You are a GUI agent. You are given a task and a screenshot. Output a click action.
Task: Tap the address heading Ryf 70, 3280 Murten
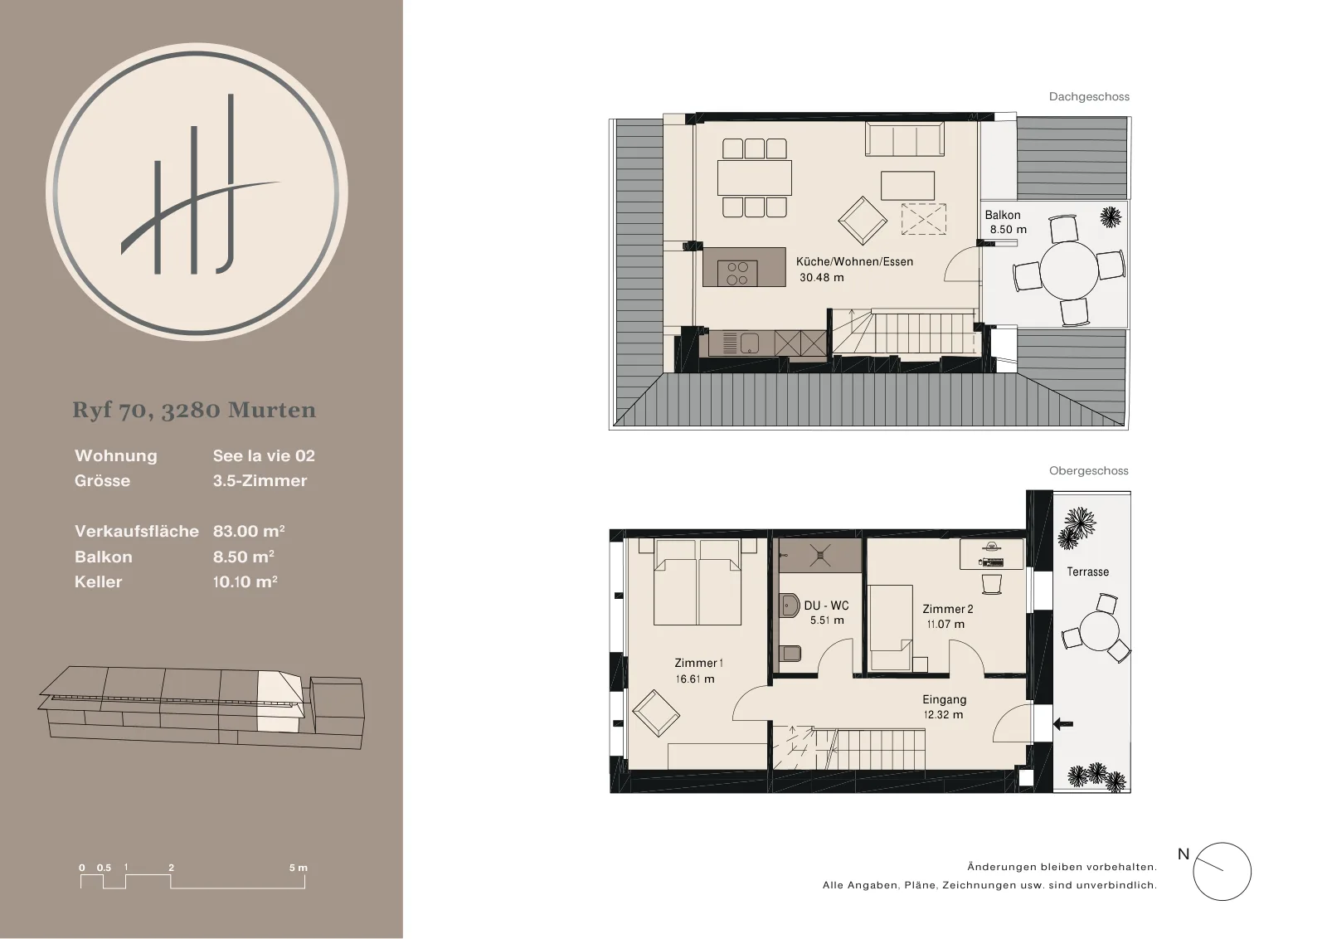click(x=194, y=410)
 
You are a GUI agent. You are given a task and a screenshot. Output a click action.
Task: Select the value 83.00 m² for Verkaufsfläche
click(x=249, y=531)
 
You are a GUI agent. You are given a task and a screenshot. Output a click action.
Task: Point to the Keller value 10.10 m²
click(x=245, y=581)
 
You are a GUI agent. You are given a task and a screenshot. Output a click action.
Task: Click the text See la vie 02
click(x=264, y=455)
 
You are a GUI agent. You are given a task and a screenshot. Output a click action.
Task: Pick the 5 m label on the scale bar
click(x=299, y=868)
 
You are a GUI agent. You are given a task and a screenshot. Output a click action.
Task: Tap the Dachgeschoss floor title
click(x=1089, y=96)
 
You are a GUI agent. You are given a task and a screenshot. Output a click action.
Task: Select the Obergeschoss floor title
click(x=1089, y=471)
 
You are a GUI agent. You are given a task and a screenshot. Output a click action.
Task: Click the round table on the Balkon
click(x=1069, y=270)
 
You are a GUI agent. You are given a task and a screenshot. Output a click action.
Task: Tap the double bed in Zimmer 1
click(x=698, y=581)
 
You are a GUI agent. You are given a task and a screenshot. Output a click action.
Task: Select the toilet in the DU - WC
click(x=790, y=653)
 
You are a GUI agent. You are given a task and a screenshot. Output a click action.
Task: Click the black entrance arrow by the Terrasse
click(x=1063, y=723)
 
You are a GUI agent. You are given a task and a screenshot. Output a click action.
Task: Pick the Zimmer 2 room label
click(x=948, y=609)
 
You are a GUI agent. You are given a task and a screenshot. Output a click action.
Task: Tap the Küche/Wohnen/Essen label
click(x=854, y=262)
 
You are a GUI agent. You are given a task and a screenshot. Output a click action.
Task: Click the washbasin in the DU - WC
click(x=789, y=606)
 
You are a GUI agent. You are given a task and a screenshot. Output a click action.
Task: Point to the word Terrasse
click(x=1087, y=572)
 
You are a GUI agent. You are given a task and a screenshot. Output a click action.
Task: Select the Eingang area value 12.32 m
click(x=943, y=715)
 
